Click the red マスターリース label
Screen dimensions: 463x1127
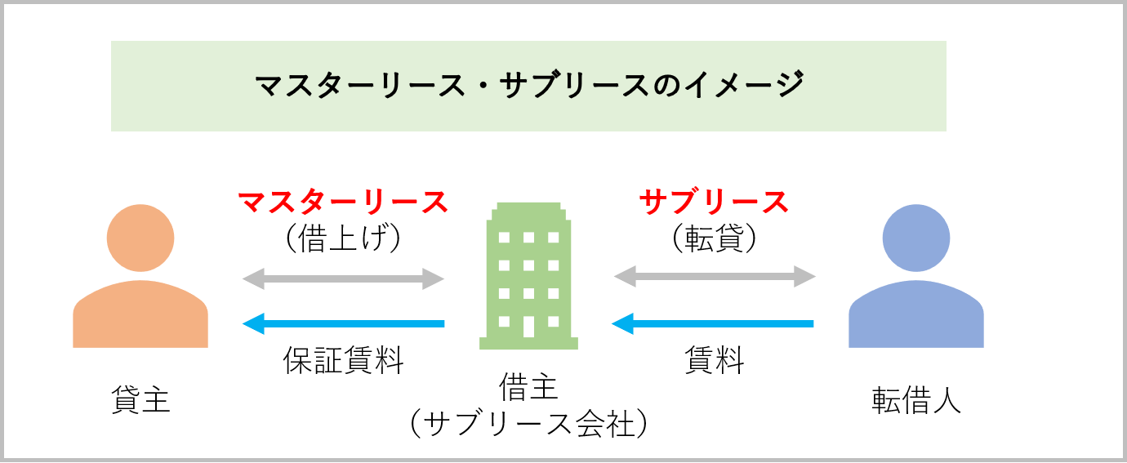click(343, 202)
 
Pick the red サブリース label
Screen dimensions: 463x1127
click(714, 202)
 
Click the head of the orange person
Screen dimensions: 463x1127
click(140, 238)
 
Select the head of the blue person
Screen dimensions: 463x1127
click(916, 238)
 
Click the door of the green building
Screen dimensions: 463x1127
click(528, 326)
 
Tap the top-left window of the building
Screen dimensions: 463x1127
click(504, 238)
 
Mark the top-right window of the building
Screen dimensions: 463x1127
click(554, 238)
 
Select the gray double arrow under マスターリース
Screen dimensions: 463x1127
click(343, 278)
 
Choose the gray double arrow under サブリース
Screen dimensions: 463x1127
click(715, 277)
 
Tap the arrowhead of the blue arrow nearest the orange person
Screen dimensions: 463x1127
click(252, 324)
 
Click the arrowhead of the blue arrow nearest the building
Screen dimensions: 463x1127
click(621, 324)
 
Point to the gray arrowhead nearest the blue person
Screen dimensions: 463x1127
click(807, 277)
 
